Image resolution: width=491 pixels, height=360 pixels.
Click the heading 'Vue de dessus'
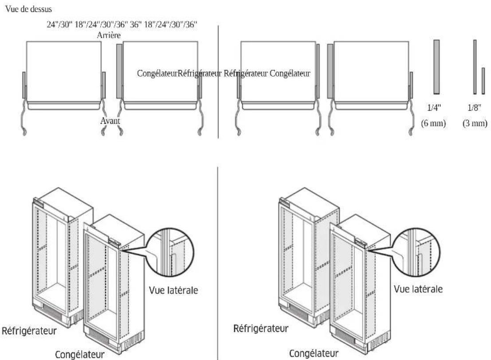(28, 9)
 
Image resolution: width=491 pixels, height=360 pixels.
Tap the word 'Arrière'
(109, 35)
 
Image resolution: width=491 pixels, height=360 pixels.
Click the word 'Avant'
(110, 121)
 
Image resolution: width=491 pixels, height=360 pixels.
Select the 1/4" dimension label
(434, 108)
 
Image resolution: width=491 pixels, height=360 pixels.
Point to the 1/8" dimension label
(474, 108)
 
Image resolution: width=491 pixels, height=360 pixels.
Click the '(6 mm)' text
(433, 123)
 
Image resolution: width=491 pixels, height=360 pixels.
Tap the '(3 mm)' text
(475, 123)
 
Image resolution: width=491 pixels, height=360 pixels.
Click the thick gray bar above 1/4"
(436, 67)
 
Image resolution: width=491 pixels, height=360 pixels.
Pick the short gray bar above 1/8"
(483, 81)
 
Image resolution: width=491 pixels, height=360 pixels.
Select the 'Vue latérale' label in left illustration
(173, 290)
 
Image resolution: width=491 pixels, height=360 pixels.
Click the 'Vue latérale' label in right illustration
(418, 289)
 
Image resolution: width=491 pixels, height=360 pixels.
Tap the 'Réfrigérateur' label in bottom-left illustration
(29, 331)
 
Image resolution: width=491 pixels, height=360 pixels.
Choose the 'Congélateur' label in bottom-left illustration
(79, 354)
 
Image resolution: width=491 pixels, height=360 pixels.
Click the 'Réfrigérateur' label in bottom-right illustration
(261, 329)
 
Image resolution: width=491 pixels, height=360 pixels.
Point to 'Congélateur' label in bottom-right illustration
(314, 353)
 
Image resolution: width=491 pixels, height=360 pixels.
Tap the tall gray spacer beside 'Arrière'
(119, 71)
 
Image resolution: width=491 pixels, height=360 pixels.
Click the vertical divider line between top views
(218, 82)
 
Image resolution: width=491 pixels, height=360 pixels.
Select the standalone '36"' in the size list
(136, 25)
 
